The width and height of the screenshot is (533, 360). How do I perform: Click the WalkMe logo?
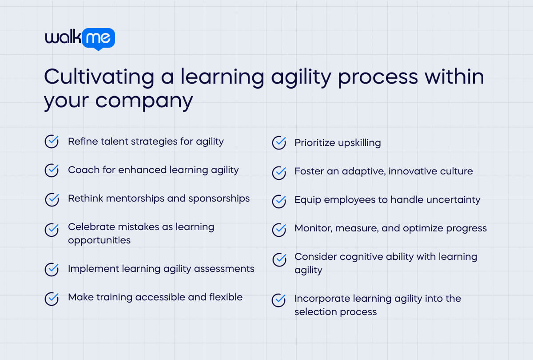[x=80, y=39]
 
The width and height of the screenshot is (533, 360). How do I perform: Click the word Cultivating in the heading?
[x=99, y=77]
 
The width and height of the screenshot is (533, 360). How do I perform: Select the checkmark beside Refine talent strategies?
[x=52, y=142]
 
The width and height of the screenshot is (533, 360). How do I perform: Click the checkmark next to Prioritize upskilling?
[x=279, y=143]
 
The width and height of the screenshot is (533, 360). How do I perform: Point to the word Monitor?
[x=313, y=228]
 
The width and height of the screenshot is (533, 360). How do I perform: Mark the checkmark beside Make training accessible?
[x=52, y=299]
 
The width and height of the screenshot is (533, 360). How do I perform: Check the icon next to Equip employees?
[x=279, y=201]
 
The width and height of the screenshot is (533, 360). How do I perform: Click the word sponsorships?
[x=219, y=198]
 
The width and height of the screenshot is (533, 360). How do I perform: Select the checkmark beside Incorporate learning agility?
[x=279, y=300]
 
